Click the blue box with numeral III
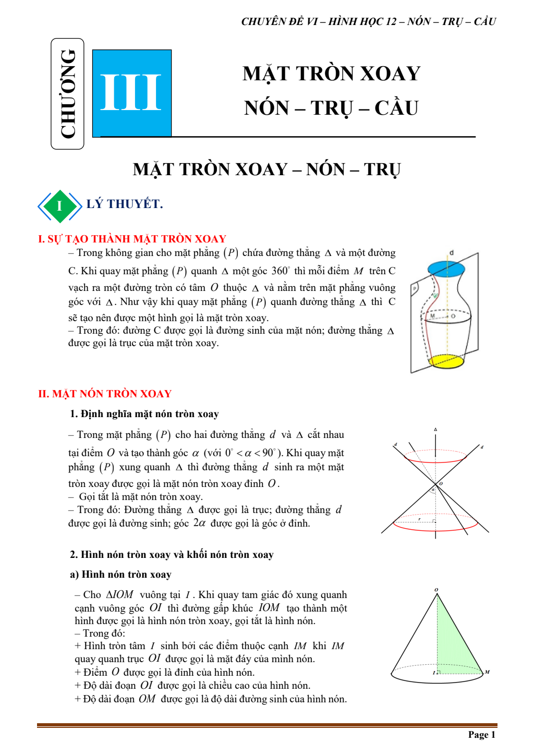(132, 93)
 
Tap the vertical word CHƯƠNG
(68, 94)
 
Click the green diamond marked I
(59, 206)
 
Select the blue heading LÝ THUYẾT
(125, 204)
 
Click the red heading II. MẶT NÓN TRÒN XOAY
(105, 394)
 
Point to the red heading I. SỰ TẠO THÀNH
(132, 239)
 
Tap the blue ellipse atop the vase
(446, 269)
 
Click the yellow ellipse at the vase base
(446, 361)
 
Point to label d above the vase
(452, 252)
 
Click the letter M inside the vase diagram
(432, 316)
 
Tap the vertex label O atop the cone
(436, 590)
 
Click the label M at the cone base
(487, 672)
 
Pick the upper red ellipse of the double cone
(435, 457)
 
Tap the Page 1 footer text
(481, 735)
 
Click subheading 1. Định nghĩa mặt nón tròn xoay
(144, 414)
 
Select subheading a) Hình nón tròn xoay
(120, 575)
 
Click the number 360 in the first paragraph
(280, 271)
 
